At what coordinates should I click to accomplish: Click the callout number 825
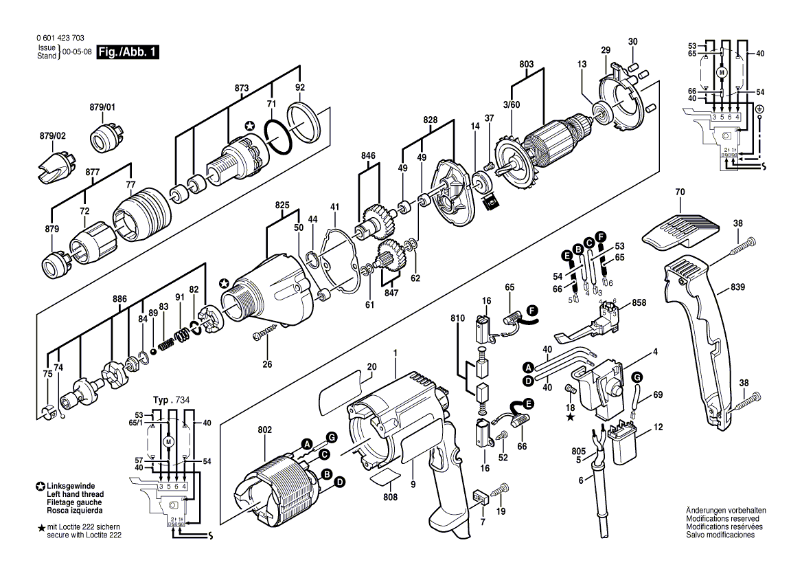coord(282,204)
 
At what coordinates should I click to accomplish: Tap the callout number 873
coord(241,89)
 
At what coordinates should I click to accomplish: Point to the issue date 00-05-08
coord(77,52)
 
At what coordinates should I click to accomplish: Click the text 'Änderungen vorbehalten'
coord(726,510)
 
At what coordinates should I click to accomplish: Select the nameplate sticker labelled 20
coord(340,390)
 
